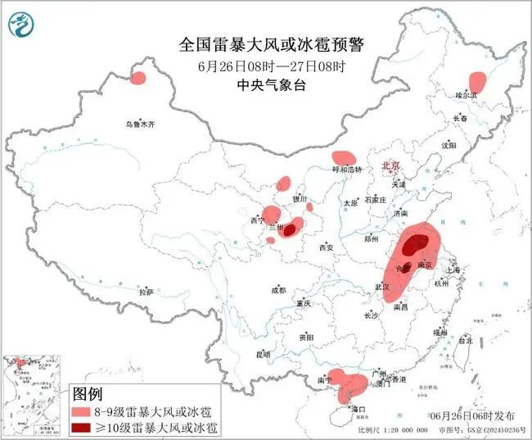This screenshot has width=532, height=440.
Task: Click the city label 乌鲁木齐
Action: [140, 125]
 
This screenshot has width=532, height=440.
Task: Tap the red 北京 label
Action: [390, 166]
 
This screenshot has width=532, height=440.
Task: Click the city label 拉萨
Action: [147, 292]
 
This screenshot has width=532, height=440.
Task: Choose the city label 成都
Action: [278, 290]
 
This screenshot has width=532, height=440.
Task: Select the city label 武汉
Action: [382, 287]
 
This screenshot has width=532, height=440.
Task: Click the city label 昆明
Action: [263, 355]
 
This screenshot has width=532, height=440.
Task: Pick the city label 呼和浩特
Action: [346, 169]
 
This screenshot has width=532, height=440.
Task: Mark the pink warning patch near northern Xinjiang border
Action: [138, 79]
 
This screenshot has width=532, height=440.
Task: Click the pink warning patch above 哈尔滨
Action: [476, 81]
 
